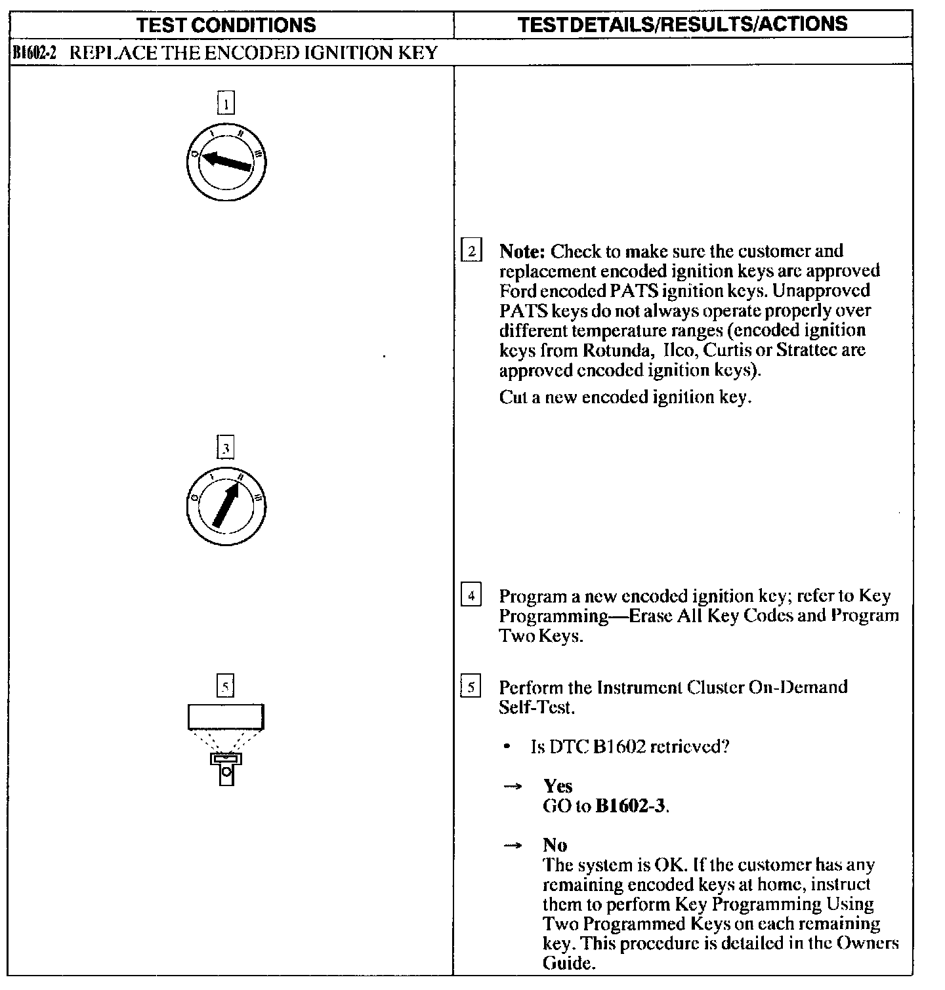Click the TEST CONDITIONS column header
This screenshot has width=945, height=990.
click(226, 25)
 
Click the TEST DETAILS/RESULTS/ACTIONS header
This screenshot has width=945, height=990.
click(682, 24)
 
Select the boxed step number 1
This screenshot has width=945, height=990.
click(225, 104)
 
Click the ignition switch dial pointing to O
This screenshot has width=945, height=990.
click(226, 161)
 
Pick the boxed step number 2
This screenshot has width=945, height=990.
click(471, 251)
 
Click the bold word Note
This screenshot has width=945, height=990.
click(522, 251)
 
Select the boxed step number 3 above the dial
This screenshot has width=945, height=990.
click(225, 448)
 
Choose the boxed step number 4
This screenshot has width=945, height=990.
click(471, 597)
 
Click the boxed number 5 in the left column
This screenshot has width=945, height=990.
click(225, 686)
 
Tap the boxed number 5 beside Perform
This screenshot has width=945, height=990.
click(471, 688)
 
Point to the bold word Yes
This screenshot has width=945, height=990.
click(558, 786)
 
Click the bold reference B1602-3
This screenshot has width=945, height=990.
click(631, 806)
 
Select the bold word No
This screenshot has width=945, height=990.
click(555, 844)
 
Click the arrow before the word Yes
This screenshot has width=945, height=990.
click(513, 787)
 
